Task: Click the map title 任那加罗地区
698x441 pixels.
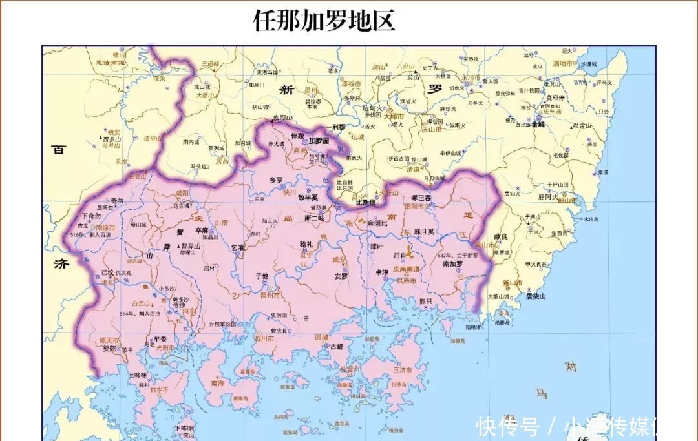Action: point(324,21)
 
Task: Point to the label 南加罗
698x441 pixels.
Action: point(452,264)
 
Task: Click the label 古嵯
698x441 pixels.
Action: point(337,347)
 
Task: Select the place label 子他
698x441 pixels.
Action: point(262,276)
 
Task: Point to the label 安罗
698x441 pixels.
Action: point(341,276)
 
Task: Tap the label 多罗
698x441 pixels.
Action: point(276,180)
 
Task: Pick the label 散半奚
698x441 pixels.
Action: point(308,198)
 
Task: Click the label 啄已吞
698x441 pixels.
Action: point(421,198)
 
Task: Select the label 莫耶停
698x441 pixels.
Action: point(555,97)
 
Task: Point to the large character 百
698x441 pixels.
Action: point(59,150)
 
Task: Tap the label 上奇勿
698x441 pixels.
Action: point(113,201)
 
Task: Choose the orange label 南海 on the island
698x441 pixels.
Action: point(217,383)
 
